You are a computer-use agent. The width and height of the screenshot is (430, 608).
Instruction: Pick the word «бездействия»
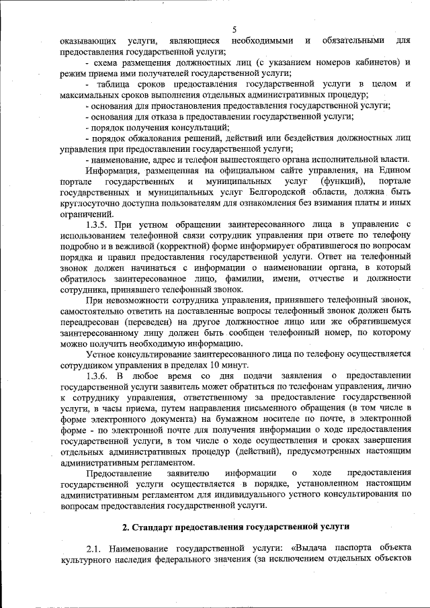pyautogui.click(x=302, y=138)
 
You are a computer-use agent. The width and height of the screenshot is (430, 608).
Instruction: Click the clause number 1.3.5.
pyautogui.click(x=99, y=224)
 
